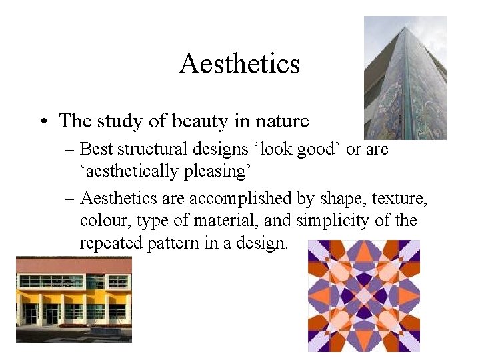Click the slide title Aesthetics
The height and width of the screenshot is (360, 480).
click(x=239, y=64)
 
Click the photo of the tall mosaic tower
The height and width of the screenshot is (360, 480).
click(x=405, y=78)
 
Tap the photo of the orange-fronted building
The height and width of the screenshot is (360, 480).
click(x=73, y=300)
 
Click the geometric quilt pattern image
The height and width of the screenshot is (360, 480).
click(x=364, y=295)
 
